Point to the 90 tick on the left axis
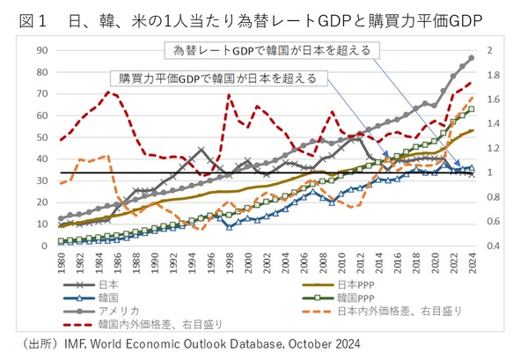tap(42, 50)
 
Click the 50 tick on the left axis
tap(42, 137)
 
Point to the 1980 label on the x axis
tap(61, 261)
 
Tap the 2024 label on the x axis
tap(472, 261)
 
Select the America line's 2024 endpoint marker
tap(472, 58)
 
